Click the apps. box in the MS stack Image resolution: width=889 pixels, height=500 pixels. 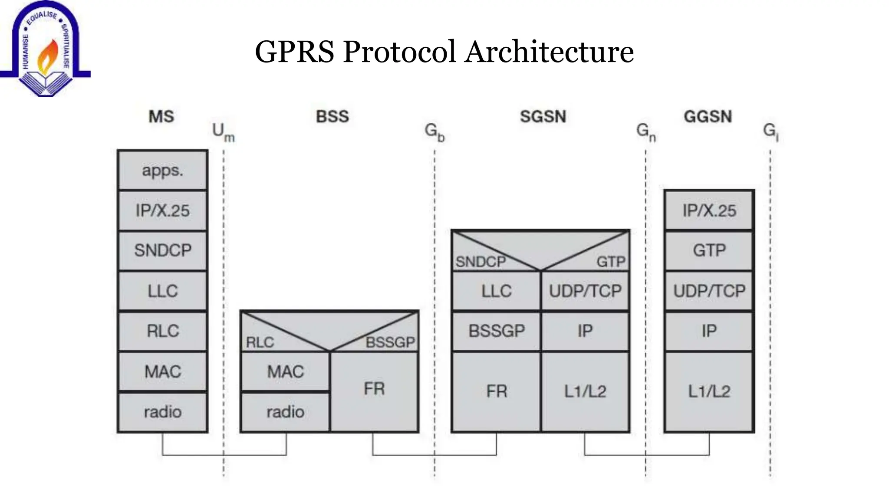pyautogui.click(x=162, y=171)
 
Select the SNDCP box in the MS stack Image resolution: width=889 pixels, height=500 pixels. pyautogui.click(x=162, y=250)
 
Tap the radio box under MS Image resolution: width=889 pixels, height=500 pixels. pyautogui.click(x=162, y=412)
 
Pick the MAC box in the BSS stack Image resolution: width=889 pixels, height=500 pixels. pyautogui.click(x=285, y=372)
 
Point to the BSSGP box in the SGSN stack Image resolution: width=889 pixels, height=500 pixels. pyautogui.click(x=497, y=331)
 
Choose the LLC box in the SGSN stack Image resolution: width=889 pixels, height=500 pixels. pyautogui.click(x=497, y=291)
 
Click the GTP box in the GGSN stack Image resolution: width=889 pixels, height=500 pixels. pyautogui.click(x=709, y=250)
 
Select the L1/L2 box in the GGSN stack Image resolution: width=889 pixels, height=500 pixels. pyautogui.click(x=709, y=391)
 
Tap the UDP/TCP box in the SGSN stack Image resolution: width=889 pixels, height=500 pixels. pyautogui.click(x=585, y=291)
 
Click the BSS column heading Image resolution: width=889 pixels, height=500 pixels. pyautogui.click(x=332, y=117)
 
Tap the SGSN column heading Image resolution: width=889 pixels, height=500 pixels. pyautogui.click(x=543, y=117)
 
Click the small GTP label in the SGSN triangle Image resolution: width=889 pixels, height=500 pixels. pyautogui.click(x=611, y=262)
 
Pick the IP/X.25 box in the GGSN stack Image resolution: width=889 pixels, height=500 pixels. pyautogui.click(x=709, y=211)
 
